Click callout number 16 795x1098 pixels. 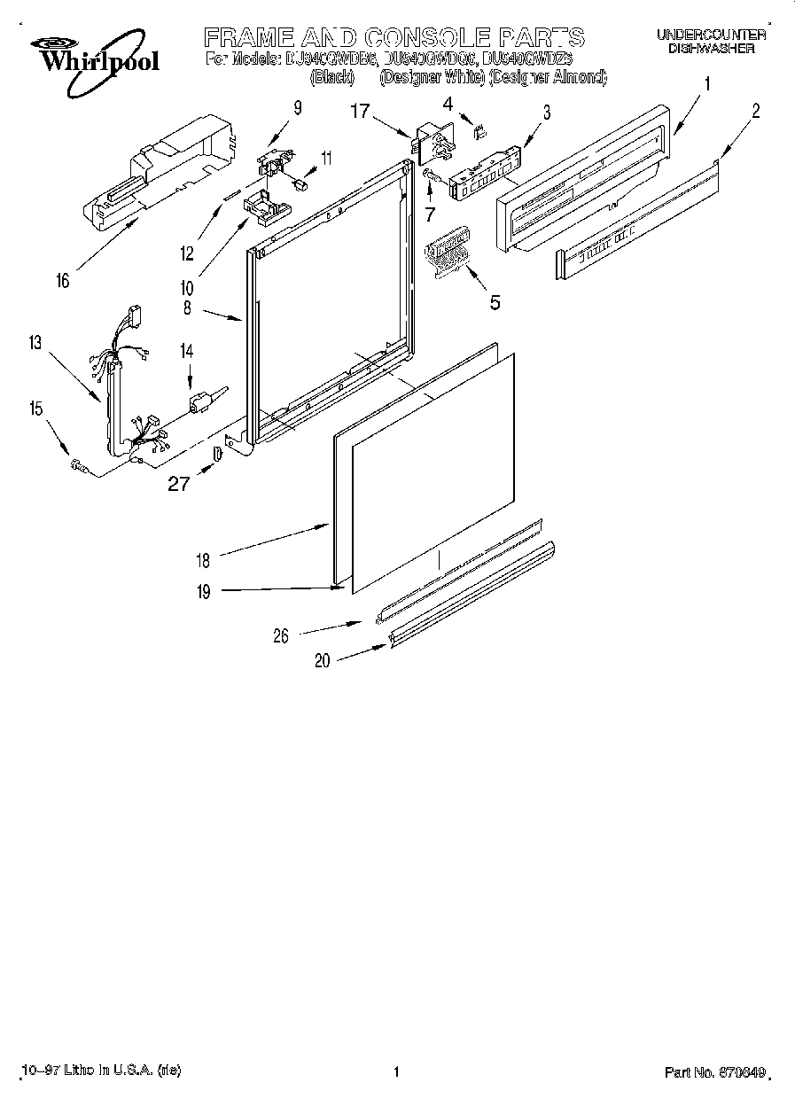pos(62,281)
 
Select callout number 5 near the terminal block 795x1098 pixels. pos(495,302)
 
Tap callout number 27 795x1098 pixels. pos(180,484)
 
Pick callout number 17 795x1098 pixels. pos(359,112)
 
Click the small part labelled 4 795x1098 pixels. pos(482,132)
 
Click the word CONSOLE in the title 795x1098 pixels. pos(425,37)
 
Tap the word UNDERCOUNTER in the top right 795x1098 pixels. pos(711,35)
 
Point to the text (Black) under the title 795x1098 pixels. pos(332,78)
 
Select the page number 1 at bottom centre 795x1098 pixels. pos(396,1072)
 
